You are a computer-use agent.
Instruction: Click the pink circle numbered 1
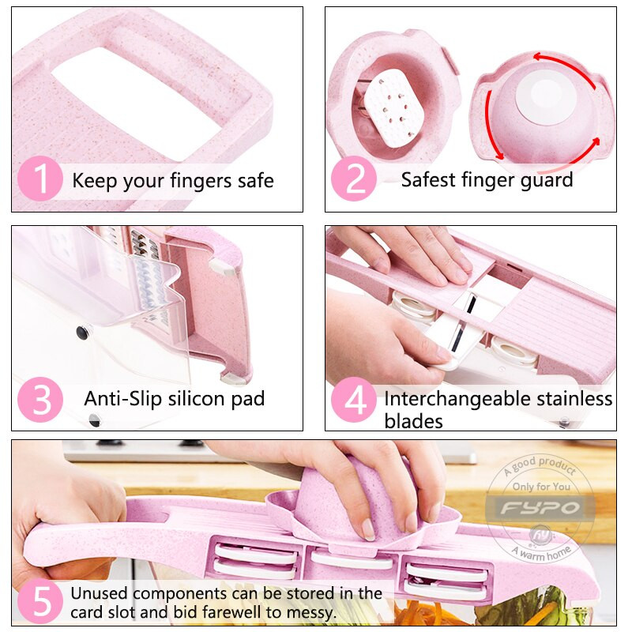coord(40,179)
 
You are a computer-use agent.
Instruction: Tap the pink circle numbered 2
coord(354,179)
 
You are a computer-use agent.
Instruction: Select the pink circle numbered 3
coord(40,399)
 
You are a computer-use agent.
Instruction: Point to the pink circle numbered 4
coord(354,399)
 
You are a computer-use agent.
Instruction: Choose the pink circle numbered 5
coord(40,601)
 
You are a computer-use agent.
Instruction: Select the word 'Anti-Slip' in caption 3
coord(122,399)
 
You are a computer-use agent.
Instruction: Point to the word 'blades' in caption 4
coord(413,422)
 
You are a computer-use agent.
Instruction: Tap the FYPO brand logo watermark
coord(540,507)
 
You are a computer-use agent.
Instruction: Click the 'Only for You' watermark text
coord(541,487)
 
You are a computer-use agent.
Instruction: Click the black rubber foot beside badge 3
coord(82,333)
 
